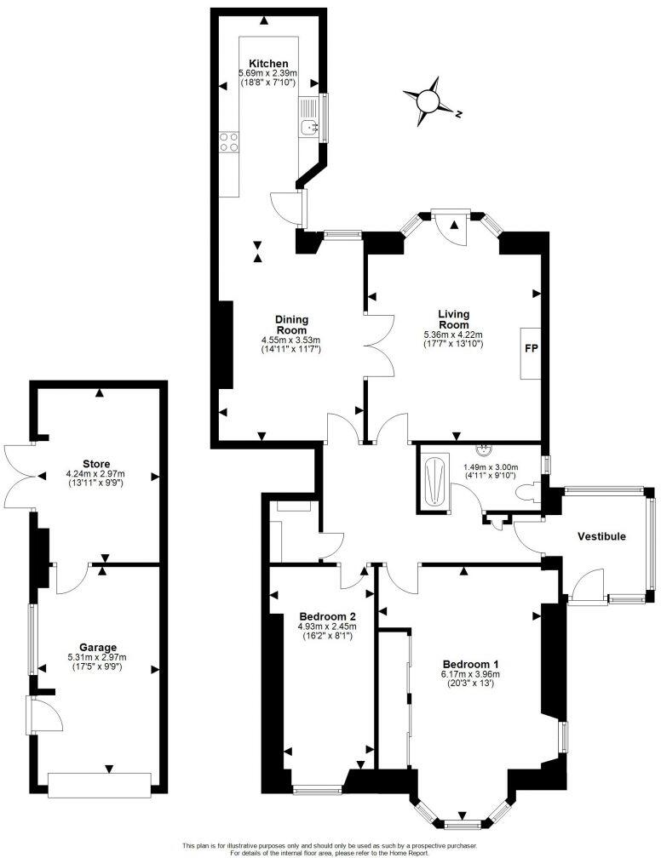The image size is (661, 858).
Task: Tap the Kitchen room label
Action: pos(268,64)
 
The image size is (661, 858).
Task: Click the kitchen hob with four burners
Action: pos(229,141)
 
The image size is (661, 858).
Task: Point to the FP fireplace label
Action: pos(530,352)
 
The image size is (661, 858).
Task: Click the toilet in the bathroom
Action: pos(532,491)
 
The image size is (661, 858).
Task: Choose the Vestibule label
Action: pos(601,536)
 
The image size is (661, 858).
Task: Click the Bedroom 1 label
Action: pos(470,664)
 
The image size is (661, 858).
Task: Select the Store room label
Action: pos(95,464)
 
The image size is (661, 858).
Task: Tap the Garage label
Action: pos(95,647)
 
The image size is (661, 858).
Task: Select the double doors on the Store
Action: pos(19,478)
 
